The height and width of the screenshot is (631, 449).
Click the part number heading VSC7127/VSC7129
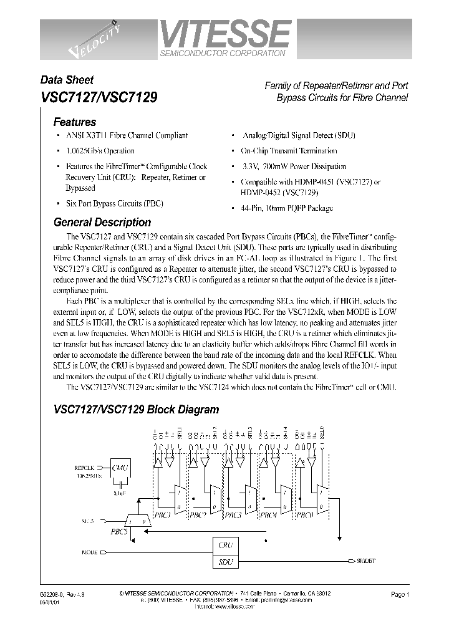[99, 97]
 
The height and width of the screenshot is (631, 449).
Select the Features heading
[74, 122]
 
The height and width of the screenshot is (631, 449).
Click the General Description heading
[102, 222]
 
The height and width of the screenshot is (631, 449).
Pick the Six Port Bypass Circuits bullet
[105, 203]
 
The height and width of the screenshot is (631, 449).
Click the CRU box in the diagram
[225, 545]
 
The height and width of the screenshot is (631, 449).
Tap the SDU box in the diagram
[225, 562]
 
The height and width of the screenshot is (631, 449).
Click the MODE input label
[90, 552]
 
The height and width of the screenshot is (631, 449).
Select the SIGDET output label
[365, 562]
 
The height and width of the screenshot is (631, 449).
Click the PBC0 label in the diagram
[306, 515]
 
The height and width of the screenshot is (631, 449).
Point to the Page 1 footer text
[399, 594]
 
